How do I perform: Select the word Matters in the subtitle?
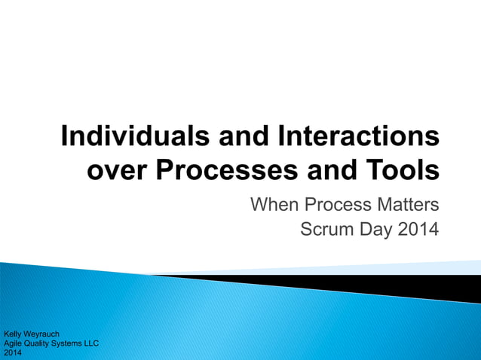pos(407,204)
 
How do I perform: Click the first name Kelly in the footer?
pos(14,333)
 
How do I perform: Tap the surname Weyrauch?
pos(43,333)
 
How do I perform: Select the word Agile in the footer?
pos(14,343)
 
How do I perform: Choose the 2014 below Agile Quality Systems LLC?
pos(13,352)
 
